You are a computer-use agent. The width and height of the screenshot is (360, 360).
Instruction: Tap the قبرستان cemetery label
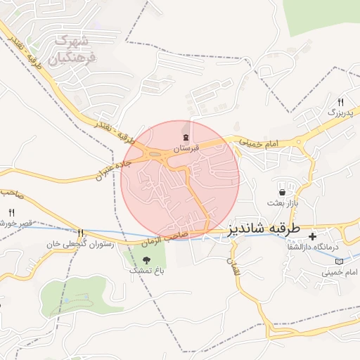(x=186, y=148)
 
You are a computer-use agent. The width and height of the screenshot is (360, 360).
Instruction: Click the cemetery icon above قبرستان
(x=186, y=136)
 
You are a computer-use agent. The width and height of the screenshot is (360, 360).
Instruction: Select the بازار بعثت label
(x=282, y=203)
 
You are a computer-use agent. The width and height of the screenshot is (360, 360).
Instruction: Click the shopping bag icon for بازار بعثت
(x=282, y=191)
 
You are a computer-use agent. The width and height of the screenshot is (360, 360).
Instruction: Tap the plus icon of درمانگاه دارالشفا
(x=312, y=235)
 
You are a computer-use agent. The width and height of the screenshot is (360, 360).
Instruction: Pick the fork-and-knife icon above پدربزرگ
(x=340, y=101)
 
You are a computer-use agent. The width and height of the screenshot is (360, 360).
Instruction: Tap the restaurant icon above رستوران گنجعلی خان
(x=82, y=233)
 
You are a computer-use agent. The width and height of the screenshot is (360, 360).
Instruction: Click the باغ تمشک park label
(x=146, y=271)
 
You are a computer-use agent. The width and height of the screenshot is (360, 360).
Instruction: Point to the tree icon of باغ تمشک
(x=146, y=259)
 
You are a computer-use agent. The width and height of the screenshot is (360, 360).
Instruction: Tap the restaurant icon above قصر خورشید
(x=11, y=212)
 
